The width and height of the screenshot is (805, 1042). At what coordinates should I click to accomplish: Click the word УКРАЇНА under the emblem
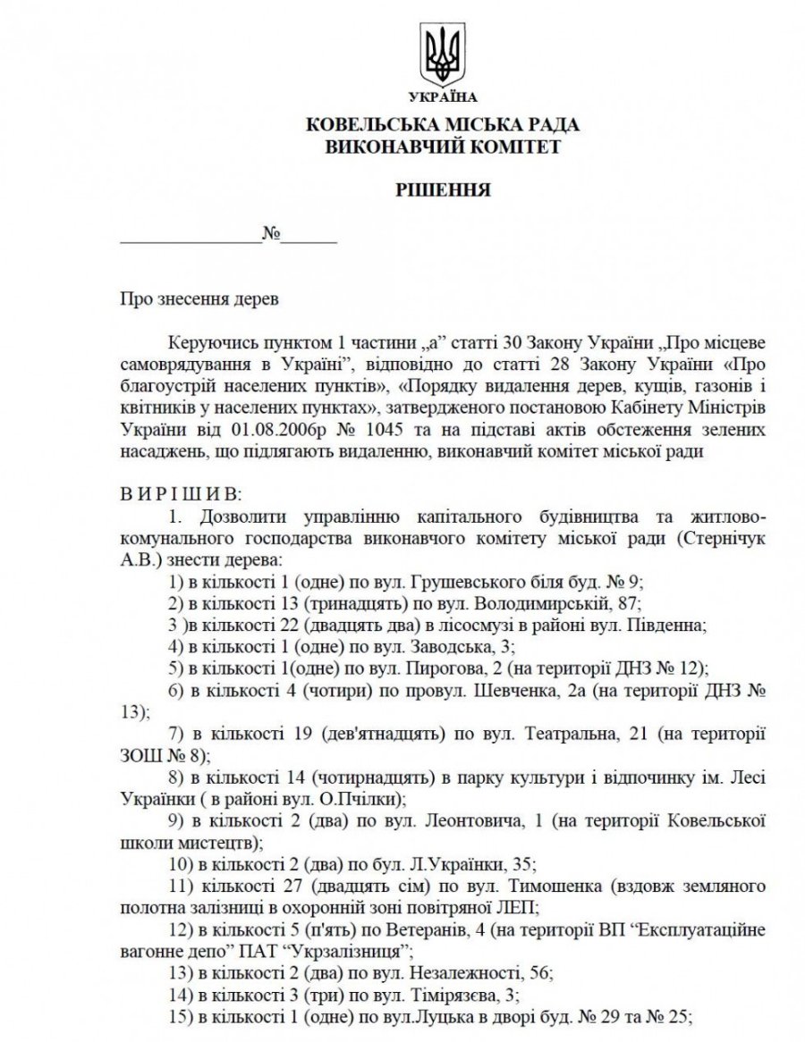coord(442,97)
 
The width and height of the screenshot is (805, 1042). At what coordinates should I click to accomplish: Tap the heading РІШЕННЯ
coord(443,190)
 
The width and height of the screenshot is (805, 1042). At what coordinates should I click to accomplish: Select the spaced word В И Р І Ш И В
coord(181,493)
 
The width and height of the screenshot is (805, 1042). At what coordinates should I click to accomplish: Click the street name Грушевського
coord(470,579)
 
